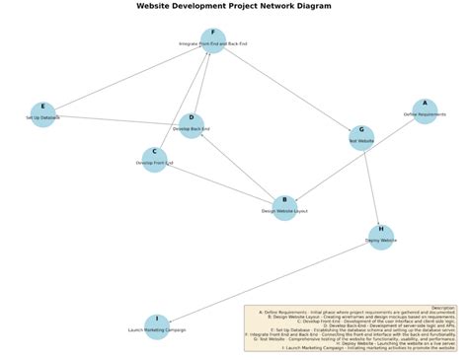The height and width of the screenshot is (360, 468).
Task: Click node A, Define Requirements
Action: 425,111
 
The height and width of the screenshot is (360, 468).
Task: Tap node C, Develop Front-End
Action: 154,160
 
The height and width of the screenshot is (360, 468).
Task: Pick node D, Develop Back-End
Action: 192,125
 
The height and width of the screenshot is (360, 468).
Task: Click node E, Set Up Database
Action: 42,114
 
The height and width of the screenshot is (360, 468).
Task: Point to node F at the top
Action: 212,40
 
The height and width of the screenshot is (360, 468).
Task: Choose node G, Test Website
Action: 361,137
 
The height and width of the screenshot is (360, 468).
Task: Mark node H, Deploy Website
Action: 381,237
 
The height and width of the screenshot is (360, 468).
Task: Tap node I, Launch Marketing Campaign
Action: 157,326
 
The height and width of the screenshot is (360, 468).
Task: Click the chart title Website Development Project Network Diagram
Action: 234,6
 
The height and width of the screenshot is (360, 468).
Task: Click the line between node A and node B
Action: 354,159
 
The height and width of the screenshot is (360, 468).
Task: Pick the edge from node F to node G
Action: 286,89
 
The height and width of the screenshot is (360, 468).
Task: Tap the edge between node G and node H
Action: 371,187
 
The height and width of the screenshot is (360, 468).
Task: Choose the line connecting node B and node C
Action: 219,183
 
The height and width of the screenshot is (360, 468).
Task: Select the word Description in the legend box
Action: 443,308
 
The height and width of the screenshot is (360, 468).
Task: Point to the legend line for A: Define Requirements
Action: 351,313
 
